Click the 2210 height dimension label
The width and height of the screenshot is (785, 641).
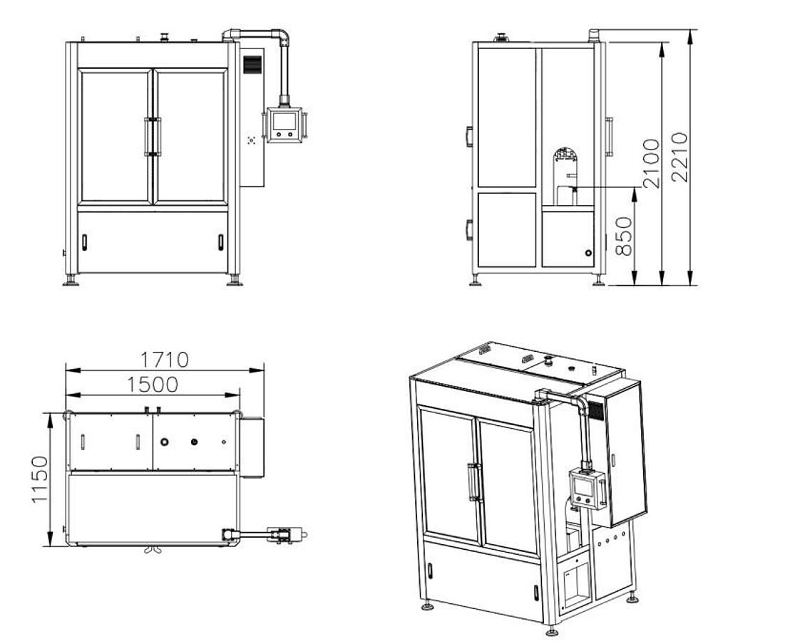[x=680, y=157]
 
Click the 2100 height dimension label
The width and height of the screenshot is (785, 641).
[x=652, y=163]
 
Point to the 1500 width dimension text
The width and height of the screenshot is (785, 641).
[x=153, y=385]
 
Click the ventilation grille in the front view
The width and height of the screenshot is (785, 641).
[x=252, y=64]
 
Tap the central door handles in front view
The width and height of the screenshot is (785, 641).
[x=153, y=135]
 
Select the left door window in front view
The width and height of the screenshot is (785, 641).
[x=116, y=135]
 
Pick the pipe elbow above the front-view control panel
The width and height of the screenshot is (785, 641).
[x=283, y=37]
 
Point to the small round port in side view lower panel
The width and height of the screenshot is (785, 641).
[x=588, y=252]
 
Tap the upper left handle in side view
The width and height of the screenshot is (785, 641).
[x=469, y=136]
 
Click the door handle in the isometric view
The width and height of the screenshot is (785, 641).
[x=472, y=482]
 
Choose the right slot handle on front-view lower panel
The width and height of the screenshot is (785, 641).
[x=220, y=242]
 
